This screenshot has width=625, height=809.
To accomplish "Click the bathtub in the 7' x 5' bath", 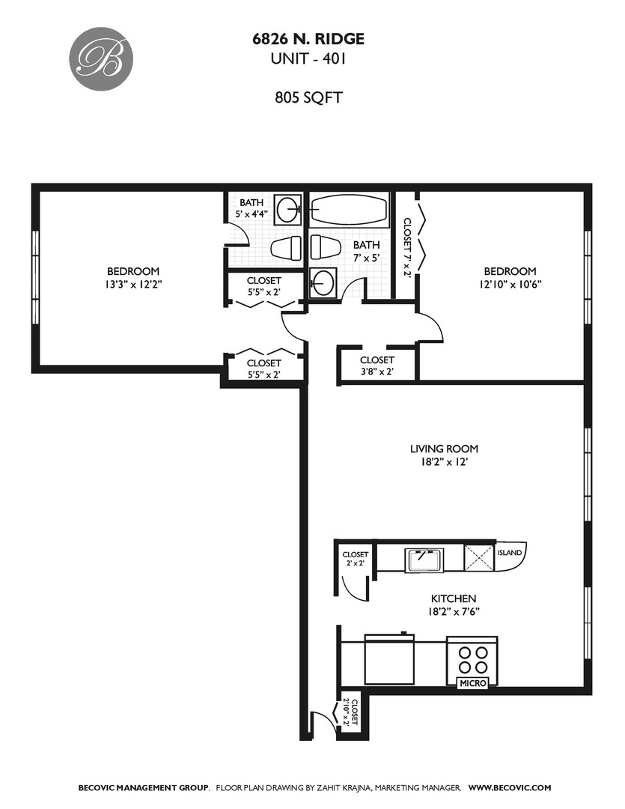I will click(349, 210).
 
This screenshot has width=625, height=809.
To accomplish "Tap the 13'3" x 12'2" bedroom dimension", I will click(133, 284).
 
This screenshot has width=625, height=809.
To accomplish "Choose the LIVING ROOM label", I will click(444, 449).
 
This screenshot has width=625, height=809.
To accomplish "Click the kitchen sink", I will click(424, 559).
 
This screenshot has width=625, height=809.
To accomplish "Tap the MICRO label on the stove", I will click(473, 683).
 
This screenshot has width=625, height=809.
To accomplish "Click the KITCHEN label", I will click(453, 599).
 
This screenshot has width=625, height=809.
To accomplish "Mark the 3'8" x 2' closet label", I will click(377, 366).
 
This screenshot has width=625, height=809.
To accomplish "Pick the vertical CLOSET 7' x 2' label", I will click(408, 247).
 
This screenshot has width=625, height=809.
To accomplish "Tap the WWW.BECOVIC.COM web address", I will click(510, 787).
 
